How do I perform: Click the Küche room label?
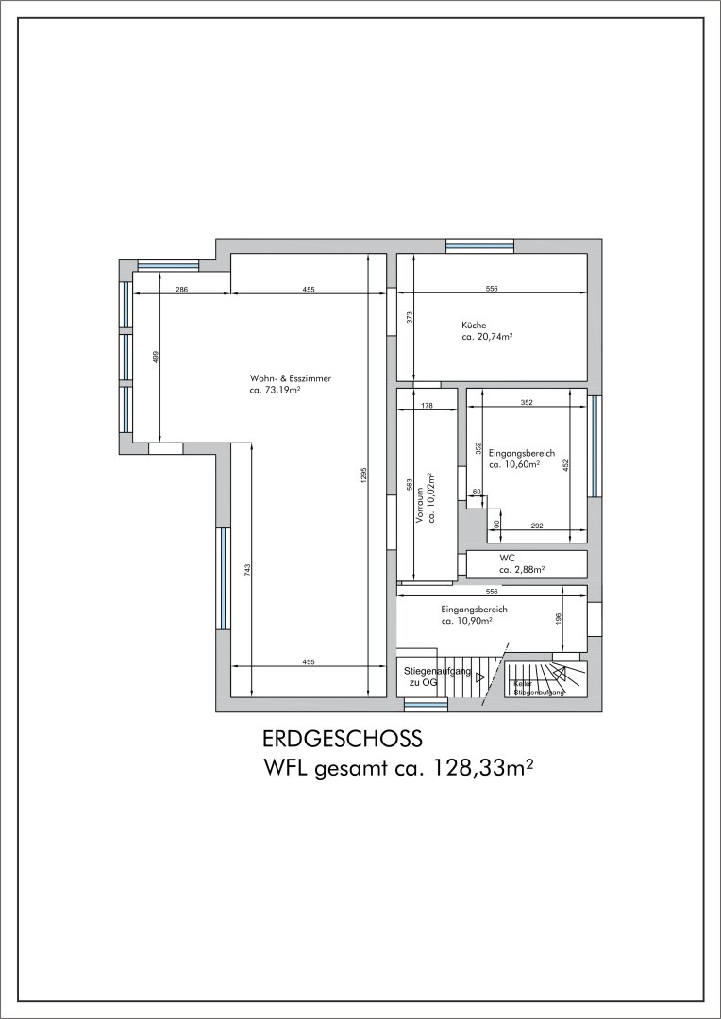[x=474, y=325]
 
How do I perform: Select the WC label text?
[x=507, y=558]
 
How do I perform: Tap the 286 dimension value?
[x=182, y=289]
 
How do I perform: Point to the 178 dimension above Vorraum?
[x=427, y=405]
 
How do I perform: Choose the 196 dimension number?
[x=559, y=619]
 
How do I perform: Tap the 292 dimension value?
[x=536, y=526]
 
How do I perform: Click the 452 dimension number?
[x=566, y=464]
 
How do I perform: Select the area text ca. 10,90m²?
[x=467, y=623]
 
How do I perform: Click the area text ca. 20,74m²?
[x=487, y=337]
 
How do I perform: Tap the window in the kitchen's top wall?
[x=479, y=245]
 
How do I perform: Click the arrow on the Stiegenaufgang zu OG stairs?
[x=480, y=677]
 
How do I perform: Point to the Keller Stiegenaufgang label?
[x=539, y=688]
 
